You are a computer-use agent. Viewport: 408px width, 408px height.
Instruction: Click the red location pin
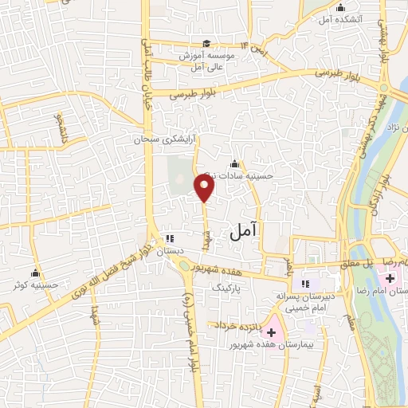point(205,188)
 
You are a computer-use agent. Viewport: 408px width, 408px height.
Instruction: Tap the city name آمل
point(245,232)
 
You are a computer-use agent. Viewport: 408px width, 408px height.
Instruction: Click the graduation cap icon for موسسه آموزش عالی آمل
point(206,44)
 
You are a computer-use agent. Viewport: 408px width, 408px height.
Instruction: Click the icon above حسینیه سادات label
point(234,164)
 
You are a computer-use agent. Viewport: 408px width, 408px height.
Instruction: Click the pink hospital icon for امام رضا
point(390,278)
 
